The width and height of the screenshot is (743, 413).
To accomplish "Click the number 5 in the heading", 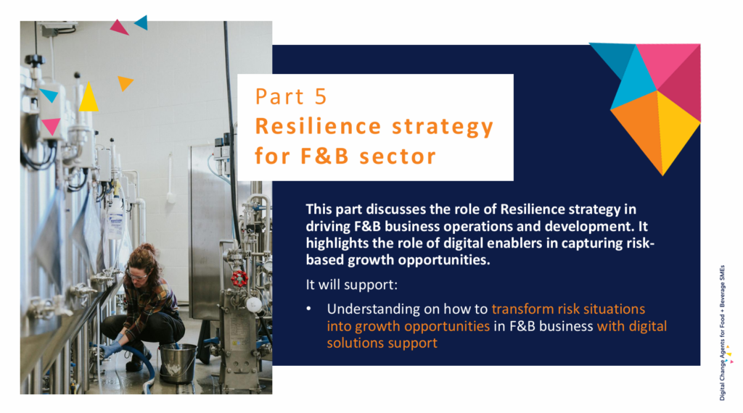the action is pos(320,97).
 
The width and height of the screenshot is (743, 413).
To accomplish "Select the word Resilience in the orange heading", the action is pos(318,126).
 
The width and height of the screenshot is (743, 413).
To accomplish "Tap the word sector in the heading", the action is pos(397,157).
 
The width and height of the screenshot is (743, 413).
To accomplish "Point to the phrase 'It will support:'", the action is pos(352,285).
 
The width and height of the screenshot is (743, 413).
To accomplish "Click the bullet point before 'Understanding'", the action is pos(309,309).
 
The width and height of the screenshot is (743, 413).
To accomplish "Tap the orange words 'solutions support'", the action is pos(382,343).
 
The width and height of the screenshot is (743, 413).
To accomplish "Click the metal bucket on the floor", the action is pos(177,363).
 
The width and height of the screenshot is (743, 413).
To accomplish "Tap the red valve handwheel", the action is pos(239,279).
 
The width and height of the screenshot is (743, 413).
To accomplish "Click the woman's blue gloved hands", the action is pos(112,349).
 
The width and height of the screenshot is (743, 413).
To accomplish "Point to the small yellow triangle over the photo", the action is pos(89,98).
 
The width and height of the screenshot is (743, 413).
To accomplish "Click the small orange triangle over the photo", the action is pos(125,83).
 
